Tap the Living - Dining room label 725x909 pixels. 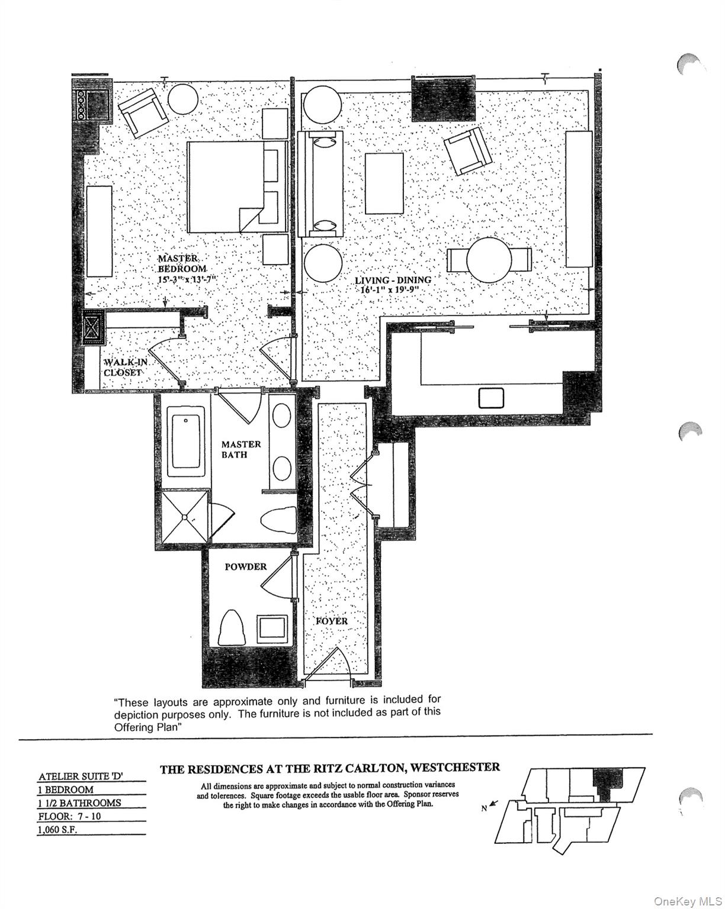point(393,280)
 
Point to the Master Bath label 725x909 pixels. point(240,449)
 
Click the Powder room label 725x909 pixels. point(245,566)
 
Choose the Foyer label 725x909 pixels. point(331,621)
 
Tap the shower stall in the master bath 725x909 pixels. point(185,515)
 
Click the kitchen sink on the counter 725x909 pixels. point(491,398)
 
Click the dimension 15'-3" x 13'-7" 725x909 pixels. point(184,278)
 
